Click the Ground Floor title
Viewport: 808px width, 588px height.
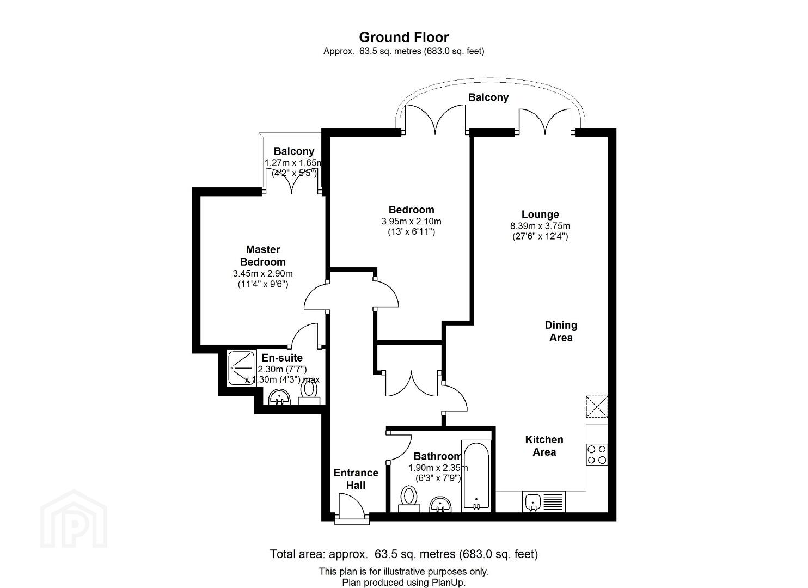[x=403, y=37]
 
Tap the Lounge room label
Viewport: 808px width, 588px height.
[x=540, y=215]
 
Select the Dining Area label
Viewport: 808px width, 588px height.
[x=561, y=332]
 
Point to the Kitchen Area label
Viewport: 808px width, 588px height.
[x=544, y=445]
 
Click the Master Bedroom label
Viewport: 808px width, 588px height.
[x=263, y=255]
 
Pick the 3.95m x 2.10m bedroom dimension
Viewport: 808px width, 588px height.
[x=411, y=221]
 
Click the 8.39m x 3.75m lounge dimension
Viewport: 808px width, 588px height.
[x=540, y=226]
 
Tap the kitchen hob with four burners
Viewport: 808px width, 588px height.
[x=597, y=455]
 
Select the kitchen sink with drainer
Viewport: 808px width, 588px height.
[x=544, y=501]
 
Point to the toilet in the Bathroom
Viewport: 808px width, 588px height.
[x=409, y=499]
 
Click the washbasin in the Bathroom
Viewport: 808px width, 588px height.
[x=440, y=504]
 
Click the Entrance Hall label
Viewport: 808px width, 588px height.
[x=356, y=479]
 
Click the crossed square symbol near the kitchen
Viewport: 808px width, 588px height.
[x=597, y=407]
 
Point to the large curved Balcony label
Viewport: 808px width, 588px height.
[x=488, y=97]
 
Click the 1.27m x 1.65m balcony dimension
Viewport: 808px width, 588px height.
[x=293, y=163]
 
